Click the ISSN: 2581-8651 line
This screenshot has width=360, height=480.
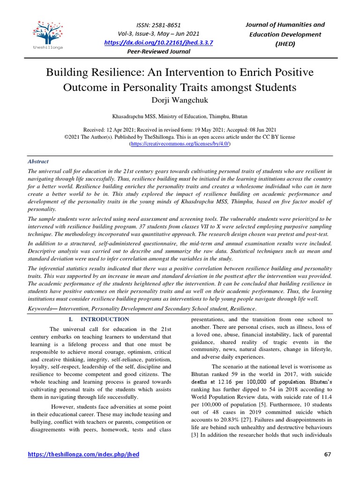tap(158, 25)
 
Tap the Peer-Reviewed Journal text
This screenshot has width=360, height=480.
tap(158, 52)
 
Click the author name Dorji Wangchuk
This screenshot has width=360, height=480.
tap(180, 100)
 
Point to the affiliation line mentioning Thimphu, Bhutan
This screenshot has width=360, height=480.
tap(180, 116)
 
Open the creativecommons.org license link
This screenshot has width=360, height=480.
tap(180, 144)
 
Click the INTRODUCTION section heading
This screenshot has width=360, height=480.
tap(107, 319)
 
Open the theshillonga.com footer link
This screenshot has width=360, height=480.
tap(84, 455)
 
